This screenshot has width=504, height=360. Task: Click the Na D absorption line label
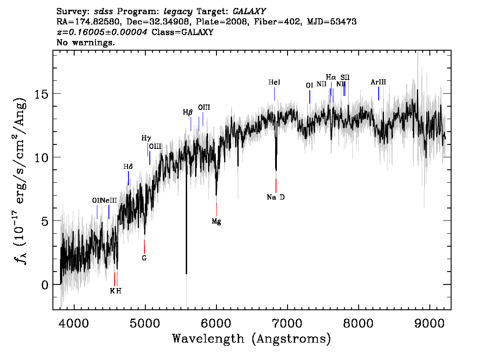tap(276, 197)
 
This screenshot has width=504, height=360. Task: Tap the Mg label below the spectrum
tap(216, 221)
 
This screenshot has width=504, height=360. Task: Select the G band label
tap(144, 258)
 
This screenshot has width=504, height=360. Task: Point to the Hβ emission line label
tap(188, 112)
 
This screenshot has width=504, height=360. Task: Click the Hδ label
tap(128, 167)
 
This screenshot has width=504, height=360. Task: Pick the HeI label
tap(274, 82)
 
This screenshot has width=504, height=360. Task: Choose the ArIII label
tap(378, 82)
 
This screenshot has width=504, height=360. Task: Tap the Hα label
tap(331, 77)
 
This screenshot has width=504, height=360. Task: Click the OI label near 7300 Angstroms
tap(309, 85)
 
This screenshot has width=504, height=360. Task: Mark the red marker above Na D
tap(276, 185)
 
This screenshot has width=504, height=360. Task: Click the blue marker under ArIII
tap(379, 93)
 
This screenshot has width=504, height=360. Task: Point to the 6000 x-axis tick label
tap(216, 323)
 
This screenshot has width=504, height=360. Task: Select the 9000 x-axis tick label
tap(429, 323)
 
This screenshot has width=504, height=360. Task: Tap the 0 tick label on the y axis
tap(45, 285)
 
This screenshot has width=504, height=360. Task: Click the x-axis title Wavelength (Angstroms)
tap(252, 339)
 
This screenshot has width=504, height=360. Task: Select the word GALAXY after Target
tap(249, 12)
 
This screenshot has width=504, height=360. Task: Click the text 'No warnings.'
tap(85, 42)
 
